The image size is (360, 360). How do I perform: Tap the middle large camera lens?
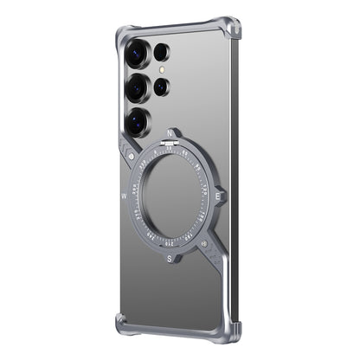pyautogui.click(x=137, y=87)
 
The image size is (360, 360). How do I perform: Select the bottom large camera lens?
pyautogui.click(x=138, y=119)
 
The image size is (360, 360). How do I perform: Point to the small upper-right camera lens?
pyautogui.click(x=161, y=53)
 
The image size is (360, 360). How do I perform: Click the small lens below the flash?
pyautogui.click(x=161, y=87)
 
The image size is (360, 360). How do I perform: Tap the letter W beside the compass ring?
pyautogui.click(x=124, y=196)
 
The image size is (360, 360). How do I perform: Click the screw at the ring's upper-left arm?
pyautogui.click(x=130, y=156)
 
